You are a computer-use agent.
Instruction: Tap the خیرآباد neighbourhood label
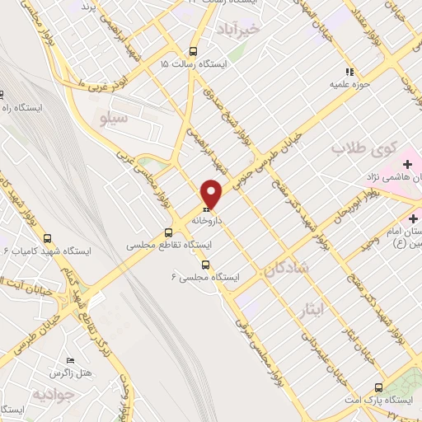[x=260, y=29]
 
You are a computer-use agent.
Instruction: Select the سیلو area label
[x=115, y=119]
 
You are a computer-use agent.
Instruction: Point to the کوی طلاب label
[x=360, y=148]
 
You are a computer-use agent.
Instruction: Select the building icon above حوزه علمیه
[x=348, y=71]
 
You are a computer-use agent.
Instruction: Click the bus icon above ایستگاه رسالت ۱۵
[x=193, y=49]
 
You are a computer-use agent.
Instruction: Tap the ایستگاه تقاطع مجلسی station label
[x=169, y=246]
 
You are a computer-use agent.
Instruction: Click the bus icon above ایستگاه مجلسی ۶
[x=205, y=265]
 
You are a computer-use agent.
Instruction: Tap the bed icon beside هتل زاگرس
[x=71, y=361]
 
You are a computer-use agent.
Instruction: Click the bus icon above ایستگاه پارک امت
[x=378, y=387]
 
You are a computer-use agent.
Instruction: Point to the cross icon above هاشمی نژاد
[x=407, y=165]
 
